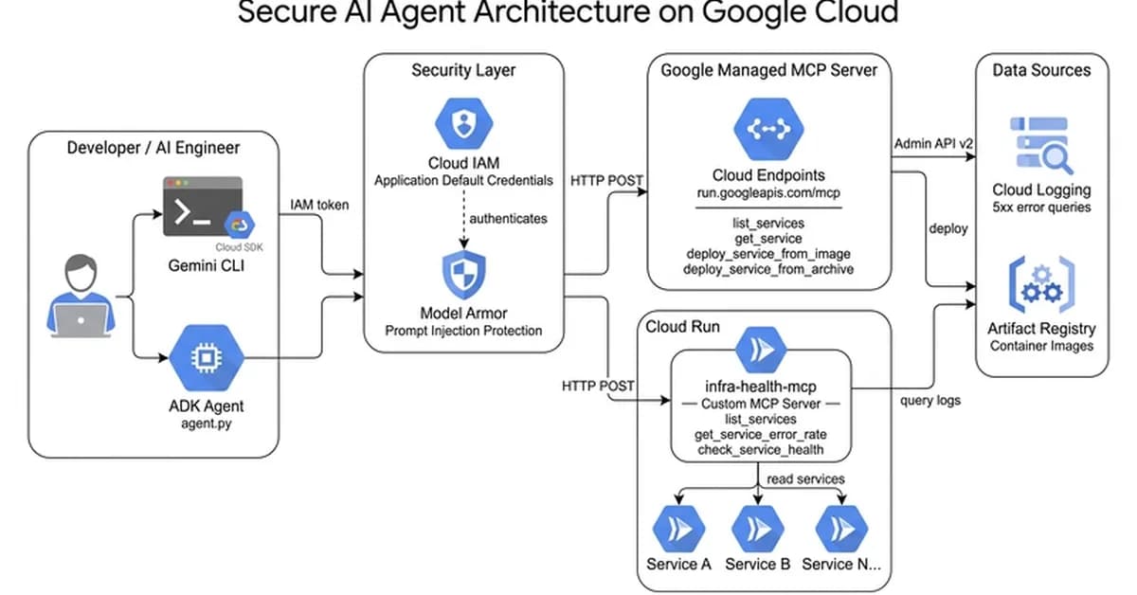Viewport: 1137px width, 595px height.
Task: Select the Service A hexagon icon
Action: tap(678, 528)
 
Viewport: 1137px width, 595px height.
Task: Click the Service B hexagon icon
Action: tap(757, 528)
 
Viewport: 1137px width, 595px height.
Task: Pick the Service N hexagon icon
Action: tap(839, 528)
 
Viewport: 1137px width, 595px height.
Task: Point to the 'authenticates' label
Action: tap(508, 218)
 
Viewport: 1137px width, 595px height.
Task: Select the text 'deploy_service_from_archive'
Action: tap(768, 269)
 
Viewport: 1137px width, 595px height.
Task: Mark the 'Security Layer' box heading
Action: tap(463, 70)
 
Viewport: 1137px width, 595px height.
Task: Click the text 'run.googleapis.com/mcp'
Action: tap(767, 192)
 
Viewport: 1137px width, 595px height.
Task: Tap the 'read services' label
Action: tap(804, 478)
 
